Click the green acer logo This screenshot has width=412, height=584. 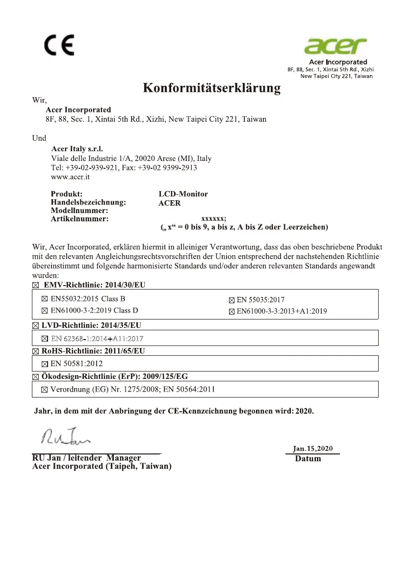pos(335,47)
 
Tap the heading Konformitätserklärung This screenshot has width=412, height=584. pos(212,88)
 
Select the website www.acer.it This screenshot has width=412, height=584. pos(67,177)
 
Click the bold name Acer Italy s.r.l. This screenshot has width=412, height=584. pos(77,149)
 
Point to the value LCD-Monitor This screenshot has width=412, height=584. pos(183,194)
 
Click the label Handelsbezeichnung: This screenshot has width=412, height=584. pos(88,202)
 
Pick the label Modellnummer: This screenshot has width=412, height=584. pos(79,211)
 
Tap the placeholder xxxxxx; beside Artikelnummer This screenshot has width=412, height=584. pos(213,219)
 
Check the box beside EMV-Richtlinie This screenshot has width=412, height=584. pos(35,285)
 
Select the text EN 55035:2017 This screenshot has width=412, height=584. pos(260,299)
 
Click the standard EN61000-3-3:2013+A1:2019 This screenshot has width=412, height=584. pos(282,311)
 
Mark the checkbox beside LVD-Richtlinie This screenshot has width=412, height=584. pos(35,325)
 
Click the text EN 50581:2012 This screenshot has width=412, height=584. pos(77,364)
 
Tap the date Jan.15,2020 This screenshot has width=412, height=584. pos(312,448)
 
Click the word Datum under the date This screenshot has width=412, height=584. pos(308,459)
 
